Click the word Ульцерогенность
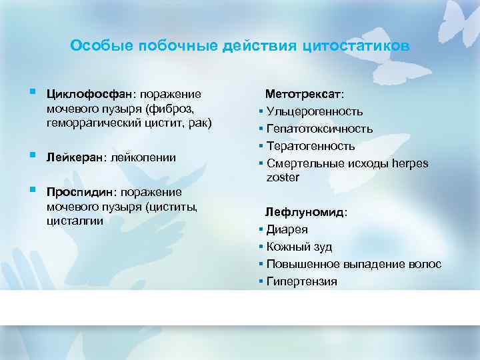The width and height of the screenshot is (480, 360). click(315, 111)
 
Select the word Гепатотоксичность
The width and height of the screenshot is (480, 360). click(319, 129)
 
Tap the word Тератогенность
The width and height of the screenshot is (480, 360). click(311, 146)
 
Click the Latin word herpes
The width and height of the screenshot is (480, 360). click(411, 163)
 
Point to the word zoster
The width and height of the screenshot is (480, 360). click(283, 177)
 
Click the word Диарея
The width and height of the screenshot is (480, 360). click(287, 230)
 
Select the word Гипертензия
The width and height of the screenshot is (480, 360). click(301, 281)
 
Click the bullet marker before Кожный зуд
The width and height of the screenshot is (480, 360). click(261, 247)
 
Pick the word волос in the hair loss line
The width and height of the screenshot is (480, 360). click(427, 265)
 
